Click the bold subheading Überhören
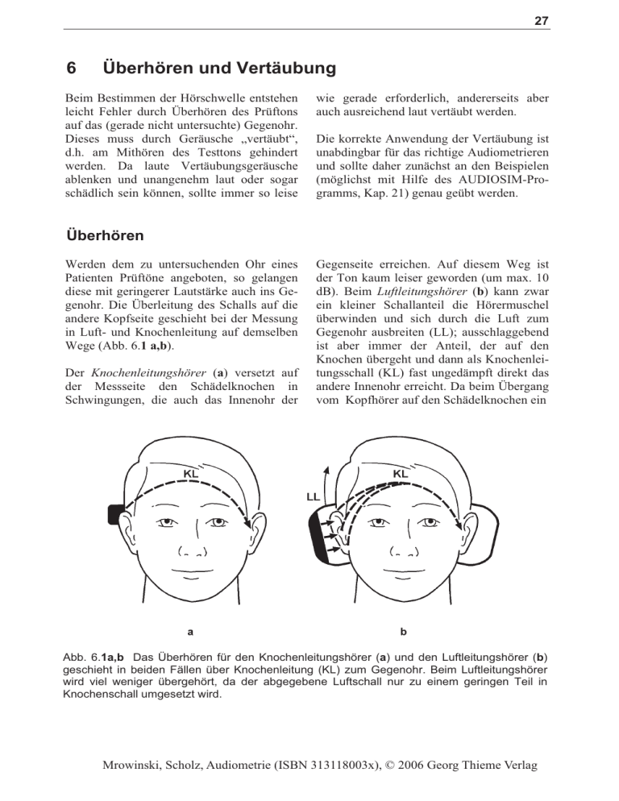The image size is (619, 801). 105,236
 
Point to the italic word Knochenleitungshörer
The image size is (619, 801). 135,372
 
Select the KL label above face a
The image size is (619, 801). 191,475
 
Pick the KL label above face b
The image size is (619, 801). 399,473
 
